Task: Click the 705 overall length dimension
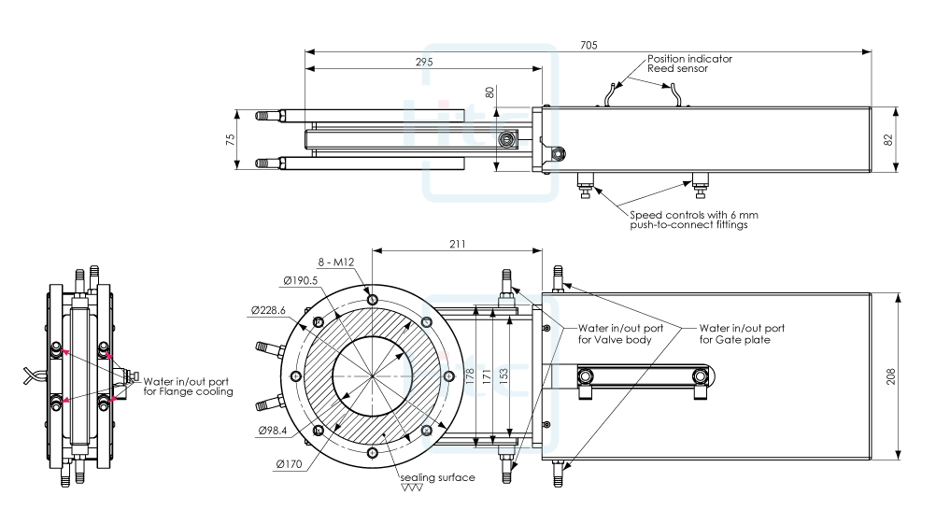pos(589,45)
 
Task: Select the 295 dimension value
pos(424,62)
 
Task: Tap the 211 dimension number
pos(456,244)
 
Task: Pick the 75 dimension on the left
pos(231,139)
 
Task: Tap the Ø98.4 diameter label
pos(271,432)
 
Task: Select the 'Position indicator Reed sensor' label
pos(689,63)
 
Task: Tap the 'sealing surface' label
pos(437,477)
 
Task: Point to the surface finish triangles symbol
pos(411,488)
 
